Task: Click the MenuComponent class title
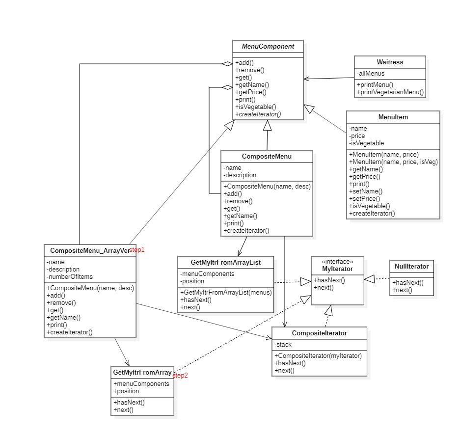pos(268,46)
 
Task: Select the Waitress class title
pos(390,62)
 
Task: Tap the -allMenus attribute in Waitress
pos(371,74)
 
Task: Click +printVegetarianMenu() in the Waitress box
pos(390,92)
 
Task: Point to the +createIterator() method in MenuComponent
pos(258,114)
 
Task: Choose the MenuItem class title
pos(393,117)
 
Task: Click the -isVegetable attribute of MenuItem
pos(367,143)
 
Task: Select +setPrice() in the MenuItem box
pos(364,199)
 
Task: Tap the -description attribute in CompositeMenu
pos(240,175)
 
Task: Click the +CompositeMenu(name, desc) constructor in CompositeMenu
pos(267,187)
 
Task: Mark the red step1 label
pos(137,250)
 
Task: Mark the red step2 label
pos(180,376)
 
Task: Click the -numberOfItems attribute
pos(70,276)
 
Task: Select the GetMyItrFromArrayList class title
pos(226,263)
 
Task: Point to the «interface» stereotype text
pos(337,261)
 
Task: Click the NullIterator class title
pos(411,267)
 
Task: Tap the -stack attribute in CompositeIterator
pos(283,345)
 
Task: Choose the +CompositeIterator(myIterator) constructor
pos(318,355)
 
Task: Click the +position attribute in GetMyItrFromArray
pos(126,391)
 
